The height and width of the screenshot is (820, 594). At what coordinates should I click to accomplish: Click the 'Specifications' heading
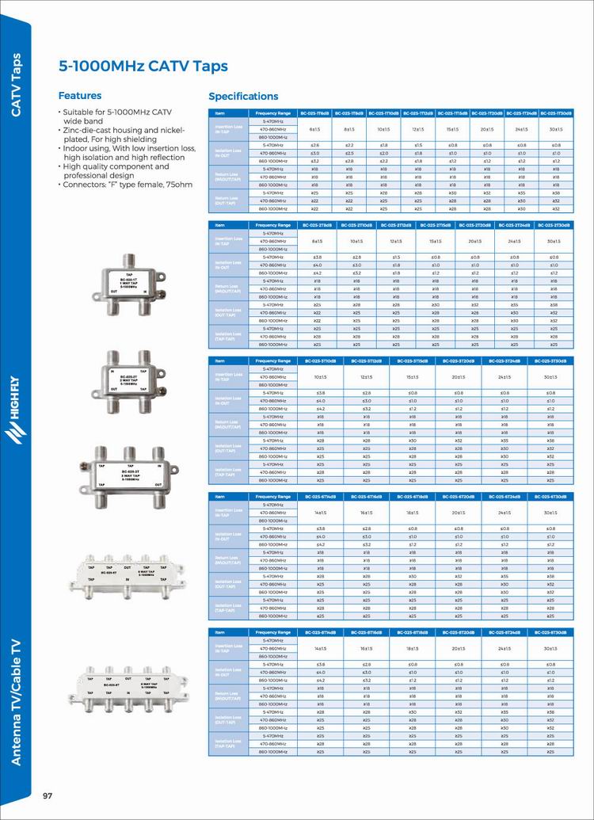(243, 97)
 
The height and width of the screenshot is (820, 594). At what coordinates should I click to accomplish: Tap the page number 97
(48, 795)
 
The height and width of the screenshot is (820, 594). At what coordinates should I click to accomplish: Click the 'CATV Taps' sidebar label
(15, 85)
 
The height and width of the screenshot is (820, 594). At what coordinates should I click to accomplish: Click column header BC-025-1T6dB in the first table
(314, 113)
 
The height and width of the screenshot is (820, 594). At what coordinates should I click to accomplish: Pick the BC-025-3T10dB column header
(321, 361)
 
